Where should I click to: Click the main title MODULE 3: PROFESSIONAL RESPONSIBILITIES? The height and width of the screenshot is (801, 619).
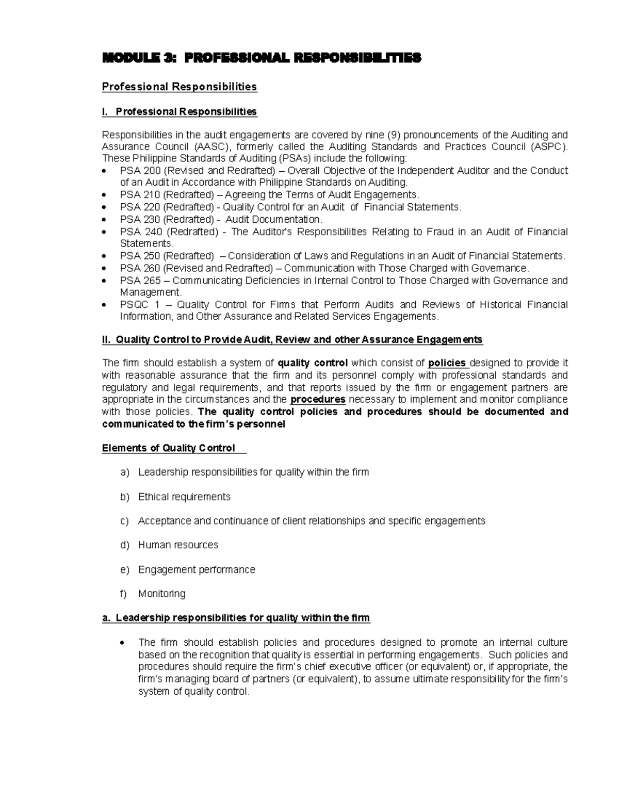pyautogui.click(x=262, y=58)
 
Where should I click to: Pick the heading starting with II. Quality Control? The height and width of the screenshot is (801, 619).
pyautogui.click(x=292, y=339)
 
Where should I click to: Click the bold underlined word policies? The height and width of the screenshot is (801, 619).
pyautogui.click(x=448, y=363)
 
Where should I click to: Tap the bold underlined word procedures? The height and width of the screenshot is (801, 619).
pyautogui.click(x=318, y=400)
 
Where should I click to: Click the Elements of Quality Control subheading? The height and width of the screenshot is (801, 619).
pyautogui.click(x=169, y=448)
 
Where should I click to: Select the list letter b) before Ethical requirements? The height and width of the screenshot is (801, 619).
pyautogui.click(x=124, y=497)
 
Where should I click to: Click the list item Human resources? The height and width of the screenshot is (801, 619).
pyautogui.click(x=178, y=545)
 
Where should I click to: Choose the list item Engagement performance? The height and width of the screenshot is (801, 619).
pyautogui.click(x=197, y=569)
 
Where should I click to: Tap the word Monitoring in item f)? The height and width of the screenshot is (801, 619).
pyautogui.click(x=161, y=594)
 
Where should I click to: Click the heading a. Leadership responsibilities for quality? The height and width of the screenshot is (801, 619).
pyautogui.click(x=236, y=618)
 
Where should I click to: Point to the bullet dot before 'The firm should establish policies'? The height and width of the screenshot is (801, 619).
pyautogui.click(x=122, y=643)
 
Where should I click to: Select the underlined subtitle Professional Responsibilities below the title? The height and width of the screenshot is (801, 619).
pyautogui.click(x=179, y=87)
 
